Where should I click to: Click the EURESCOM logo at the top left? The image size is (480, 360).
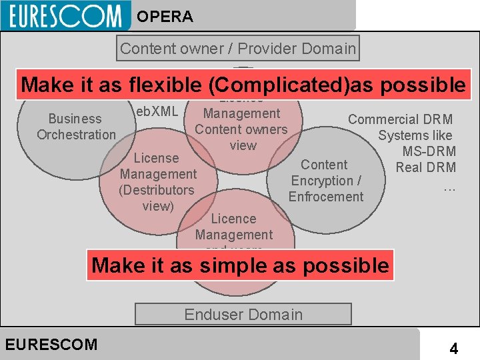click(65, 15)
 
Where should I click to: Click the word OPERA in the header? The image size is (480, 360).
click(165, 17)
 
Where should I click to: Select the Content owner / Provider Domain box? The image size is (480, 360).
click(238, 48)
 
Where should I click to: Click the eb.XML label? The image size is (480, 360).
click(156, 111)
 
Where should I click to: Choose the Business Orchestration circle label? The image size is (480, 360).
click(76, 127)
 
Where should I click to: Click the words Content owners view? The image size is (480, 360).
click(241, 137)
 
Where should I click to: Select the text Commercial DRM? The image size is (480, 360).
click(400, 119)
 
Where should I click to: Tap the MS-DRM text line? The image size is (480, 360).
click(429, 151)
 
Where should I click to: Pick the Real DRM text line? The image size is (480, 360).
click(425, 167)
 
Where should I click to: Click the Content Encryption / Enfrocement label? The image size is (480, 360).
click(326, 181)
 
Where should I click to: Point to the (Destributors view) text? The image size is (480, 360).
click(157, 198)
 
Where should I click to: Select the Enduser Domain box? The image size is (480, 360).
click(243, 314)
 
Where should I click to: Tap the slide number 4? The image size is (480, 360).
click(453, 348)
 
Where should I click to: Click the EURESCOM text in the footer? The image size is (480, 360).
click(51, 345)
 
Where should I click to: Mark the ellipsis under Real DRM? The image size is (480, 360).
click(449, 187)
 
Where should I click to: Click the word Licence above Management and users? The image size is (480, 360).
click(233, 219)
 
